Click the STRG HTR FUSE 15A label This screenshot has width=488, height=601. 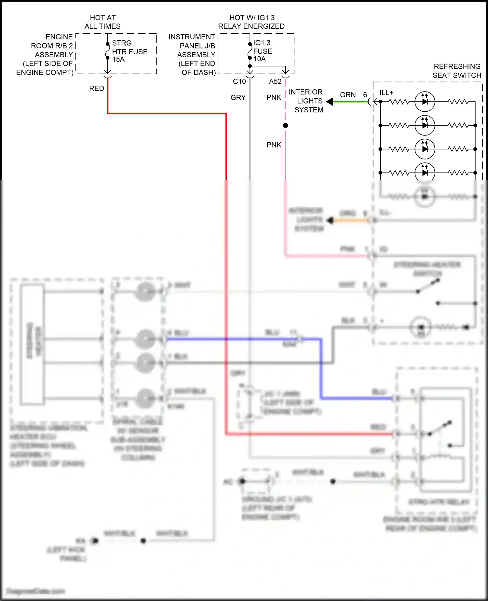point(129,51)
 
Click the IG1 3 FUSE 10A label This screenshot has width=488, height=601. point(262,51)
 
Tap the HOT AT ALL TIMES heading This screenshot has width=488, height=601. point(102,22)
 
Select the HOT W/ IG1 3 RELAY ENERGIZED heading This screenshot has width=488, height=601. point(251,22)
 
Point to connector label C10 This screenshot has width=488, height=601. point(239,81)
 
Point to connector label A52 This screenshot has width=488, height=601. point(275,81)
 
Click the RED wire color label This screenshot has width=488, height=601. point(97,89)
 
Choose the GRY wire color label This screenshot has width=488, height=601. point(238,97)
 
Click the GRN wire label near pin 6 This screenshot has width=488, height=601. point(348,95)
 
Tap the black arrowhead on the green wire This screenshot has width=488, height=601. point(330,102)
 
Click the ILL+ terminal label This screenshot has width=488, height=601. point(386,93)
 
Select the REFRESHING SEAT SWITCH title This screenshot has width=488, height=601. point(457,71)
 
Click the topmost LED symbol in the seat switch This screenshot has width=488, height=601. point(425,102)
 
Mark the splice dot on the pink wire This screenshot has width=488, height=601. point(285,125)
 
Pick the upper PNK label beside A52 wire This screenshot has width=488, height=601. point(274,97)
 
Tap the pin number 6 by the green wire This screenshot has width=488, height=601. point(365,95)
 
